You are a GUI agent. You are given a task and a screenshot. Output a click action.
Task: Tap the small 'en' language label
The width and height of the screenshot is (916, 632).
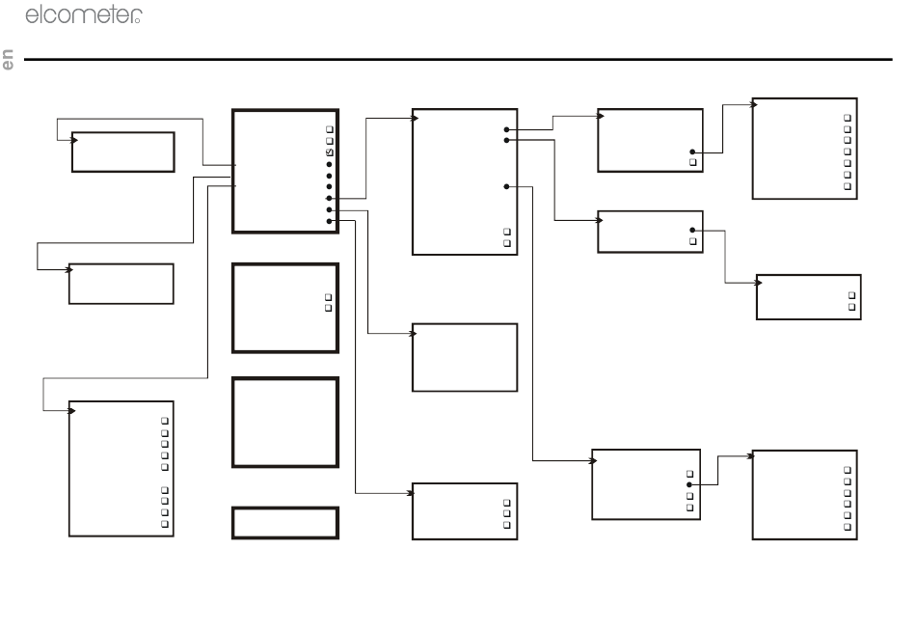(x=9, y=60)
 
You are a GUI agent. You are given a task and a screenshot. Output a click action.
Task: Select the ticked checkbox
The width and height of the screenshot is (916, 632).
(x=329, y=152)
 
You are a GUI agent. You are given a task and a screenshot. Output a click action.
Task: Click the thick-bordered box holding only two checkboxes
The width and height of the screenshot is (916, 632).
(x=285, y=306)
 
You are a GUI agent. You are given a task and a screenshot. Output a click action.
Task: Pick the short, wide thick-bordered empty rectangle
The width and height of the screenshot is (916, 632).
(x=285, y=522)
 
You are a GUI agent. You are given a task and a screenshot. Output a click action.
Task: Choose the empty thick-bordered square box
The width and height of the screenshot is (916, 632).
(x=285, y=422)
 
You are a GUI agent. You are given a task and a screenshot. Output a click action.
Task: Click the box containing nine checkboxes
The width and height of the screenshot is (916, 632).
(x=121, y=468)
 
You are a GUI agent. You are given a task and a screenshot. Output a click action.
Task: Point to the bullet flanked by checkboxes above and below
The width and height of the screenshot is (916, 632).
(x=689, y=484)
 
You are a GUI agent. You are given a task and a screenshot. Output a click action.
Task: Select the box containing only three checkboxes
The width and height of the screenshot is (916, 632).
(x=465, y=510)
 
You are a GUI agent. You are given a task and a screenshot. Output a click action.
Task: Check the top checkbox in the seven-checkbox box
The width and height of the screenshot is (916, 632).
(x=848, y=117)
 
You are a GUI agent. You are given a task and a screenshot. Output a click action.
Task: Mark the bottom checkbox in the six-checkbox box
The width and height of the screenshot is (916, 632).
(x=848, y=528)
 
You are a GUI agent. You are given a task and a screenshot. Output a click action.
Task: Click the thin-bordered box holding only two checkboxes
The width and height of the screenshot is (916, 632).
(x=807, y=296)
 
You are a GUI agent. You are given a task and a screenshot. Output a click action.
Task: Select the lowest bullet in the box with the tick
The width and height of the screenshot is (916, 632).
(x=329, y=221)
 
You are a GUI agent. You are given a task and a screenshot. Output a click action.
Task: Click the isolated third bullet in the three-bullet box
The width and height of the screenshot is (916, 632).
(x=507, y=185)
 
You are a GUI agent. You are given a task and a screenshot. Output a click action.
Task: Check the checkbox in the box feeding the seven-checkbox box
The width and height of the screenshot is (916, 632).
(x=693, y=163)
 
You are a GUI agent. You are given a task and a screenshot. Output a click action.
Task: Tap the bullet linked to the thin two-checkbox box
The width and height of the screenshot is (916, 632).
(x=693, y=231)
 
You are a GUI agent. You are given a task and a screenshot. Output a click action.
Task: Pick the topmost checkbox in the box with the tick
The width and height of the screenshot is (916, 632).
(x=329, y=129)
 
